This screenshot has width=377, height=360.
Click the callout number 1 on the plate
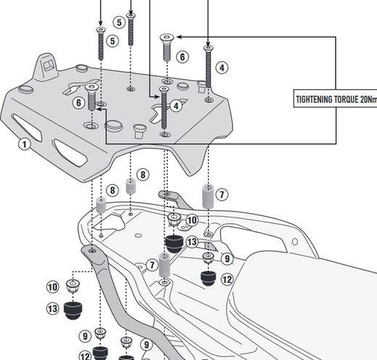click(x=24, y=144)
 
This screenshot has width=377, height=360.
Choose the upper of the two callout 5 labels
click(x=119, y=22)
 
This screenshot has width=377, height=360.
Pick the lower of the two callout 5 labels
click(x=112, y=41)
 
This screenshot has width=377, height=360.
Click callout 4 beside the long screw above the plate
click(x=222, y=67)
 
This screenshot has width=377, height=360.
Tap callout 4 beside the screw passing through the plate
click(x=175, y=106)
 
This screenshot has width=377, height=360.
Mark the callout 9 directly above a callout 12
click(x=226, y=258)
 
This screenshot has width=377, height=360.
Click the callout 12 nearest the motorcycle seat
click(x=226, y=279)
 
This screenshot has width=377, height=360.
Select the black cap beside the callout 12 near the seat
click(x=207, y=277)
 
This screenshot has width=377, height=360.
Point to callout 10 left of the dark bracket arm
click(x=53, y=288)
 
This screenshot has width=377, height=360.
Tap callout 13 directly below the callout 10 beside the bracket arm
click(x=53, y=309)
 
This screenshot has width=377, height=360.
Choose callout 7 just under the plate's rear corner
click(x=222, y=194)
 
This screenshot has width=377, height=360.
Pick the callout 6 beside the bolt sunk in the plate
click(x=77, y=103)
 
